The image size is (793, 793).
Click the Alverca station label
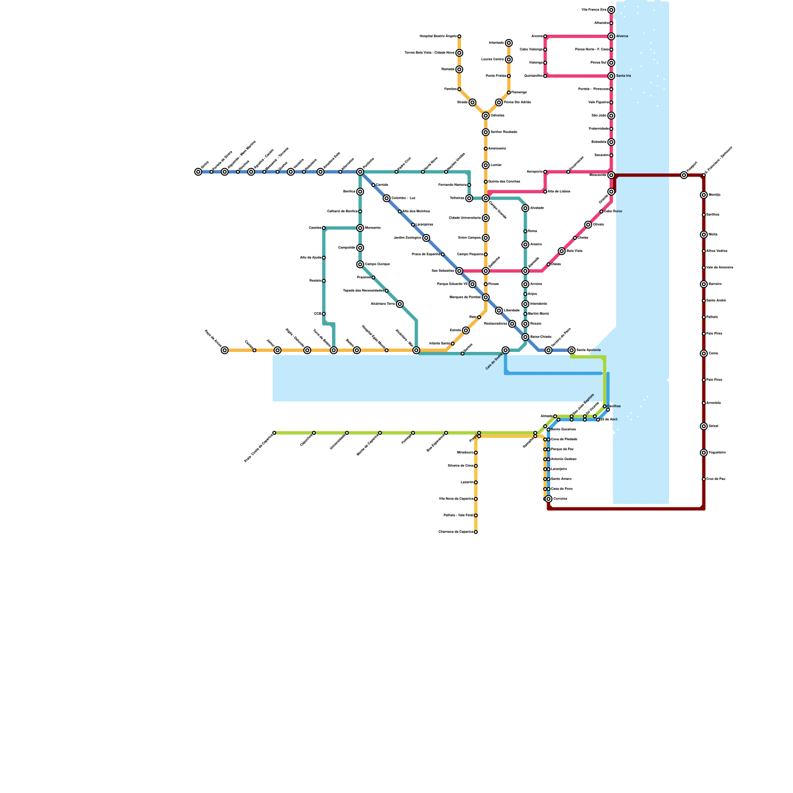point(622,36)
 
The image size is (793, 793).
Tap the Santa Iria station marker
point(611,76)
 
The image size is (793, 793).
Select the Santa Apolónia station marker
point(571,350)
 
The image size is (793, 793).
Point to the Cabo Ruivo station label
point(613,212)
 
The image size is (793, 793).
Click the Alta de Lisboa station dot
point(545,192)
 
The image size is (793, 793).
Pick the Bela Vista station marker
point(562,251)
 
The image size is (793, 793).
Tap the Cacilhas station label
point(614,406)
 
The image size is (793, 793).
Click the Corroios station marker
point(548,499)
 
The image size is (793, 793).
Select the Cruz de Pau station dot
point(704,479)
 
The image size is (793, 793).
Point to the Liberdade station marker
point(499,311)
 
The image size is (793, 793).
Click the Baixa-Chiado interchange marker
point(525,337)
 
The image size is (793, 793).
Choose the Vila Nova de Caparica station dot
point(476,499)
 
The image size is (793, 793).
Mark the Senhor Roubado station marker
point(486,132)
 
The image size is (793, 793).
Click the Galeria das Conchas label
point(504,182)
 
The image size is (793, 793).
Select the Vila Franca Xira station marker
point(611,10)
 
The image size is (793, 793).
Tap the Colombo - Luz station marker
point(387,198)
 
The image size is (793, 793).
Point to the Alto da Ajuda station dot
point(324,258)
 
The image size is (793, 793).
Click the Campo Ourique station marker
point(360,265)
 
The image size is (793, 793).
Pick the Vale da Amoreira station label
point(720,268)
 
